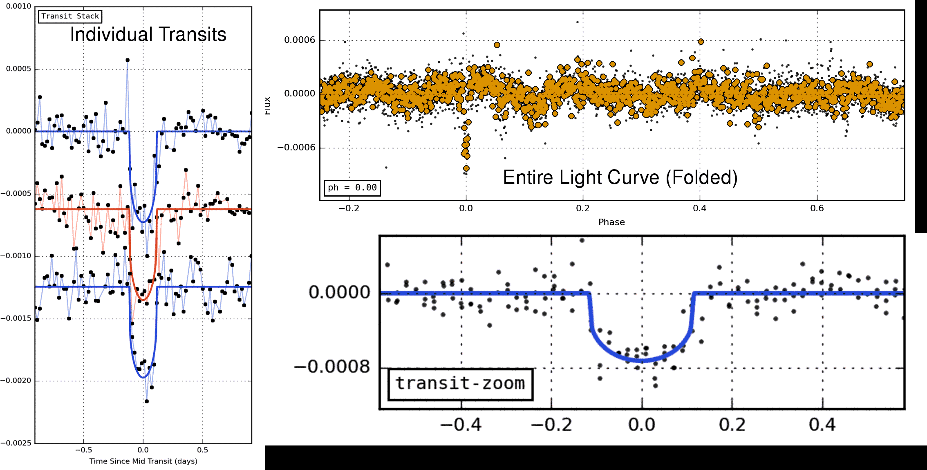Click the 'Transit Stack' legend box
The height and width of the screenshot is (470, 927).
(x=70, y=16)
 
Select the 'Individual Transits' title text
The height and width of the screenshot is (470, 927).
(x=148, y=34)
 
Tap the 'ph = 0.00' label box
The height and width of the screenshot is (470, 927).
(x=352, y=188)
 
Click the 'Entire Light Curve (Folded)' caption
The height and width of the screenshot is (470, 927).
(x=620, y=178)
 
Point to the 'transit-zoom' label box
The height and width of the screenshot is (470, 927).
(x=460, y=384)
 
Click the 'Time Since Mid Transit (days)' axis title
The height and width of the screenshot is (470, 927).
(x=143, y=461)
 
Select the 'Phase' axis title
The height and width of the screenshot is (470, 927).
(x=611, y=222)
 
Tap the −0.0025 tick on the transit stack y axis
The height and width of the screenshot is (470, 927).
(x=16, y=443)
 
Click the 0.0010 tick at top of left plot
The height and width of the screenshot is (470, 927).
(x=18, y=7)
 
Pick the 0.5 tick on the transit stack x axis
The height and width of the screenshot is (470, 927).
(x=202, y=450)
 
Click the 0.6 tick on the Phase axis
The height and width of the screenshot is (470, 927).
(x=817, y=208)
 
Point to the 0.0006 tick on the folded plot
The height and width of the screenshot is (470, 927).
(x=300, y=40)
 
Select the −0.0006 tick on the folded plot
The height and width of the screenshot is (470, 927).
(x=297, y=148)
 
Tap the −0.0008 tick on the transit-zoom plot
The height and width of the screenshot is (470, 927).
(x=332, y=367)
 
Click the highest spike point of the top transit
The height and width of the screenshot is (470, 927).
(x=128, y=60)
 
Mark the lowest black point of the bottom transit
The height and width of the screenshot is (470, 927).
(x=147, y=401)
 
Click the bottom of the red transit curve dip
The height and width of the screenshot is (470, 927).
(x=143, y=300)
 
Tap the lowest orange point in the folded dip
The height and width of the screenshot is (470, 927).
(x=466, y=168)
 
